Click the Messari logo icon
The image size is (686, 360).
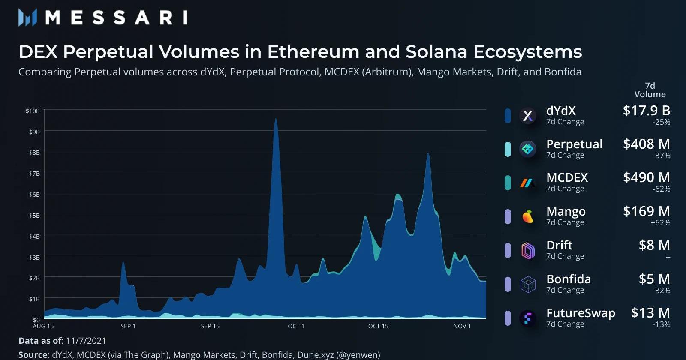27,18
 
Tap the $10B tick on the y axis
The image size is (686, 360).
33,111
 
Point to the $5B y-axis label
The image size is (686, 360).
34,216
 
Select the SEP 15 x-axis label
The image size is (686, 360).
210,326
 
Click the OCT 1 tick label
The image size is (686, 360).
296,326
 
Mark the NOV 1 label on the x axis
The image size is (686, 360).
462,326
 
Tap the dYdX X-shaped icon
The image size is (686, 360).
528,115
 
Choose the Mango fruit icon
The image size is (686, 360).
528,217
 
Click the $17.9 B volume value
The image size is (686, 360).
646,111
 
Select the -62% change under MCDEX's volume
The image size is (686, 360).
661,189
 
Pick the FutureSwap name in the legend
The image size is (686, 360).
581,313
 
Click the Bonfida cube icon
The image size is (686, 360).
528,284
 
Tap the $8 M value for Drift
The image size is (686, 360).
654,245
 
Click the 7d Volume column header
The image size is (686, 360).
650,90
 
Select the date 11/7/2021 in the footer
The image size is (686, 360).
86,341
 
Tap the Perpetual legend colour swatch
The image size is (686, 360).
508,149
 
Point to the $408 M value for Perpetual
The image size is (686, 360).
646,144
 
